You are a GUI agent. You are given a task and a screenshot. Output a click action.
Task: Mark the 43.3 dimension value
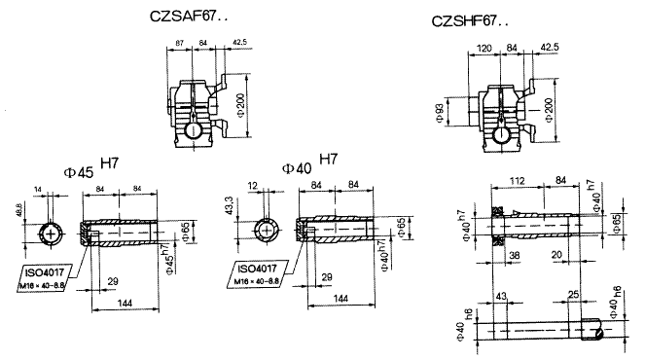[228, 206]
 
